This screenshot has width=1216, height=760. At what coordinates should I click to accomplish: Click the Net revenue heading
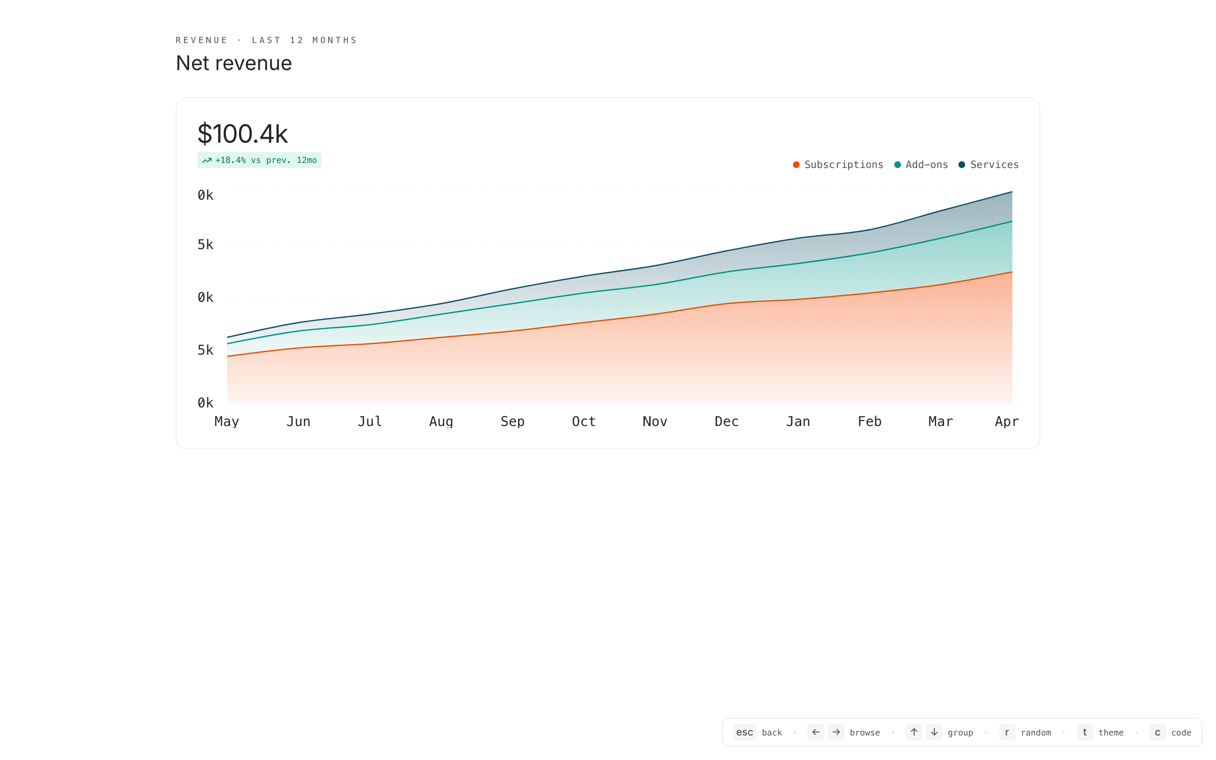[233, 63]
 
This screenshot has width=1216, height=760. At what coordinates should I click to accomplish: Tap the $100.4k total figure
[242, 134]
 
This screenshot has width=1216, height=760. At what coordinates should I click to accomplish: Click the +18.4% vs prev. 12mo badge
[259, 160]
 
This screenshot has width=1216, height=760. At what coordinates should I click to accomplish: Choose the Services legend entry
[988, 165]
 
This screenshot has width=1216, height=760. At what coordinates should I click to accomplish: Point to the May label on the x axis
[227, 422]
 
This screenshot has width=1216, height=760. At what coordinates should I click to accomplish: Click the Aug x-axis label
[441, 422]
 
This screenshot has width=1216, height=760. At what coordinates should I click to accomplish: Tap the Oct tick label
[584, 422]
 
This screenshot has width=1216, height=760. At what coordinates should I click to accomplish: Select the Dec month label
[727, 422]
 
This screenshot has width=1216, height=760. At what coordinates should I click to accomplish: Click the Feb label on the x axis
[869, 422]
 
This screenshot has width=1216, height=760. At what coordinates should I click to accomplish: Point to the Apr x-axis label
[1007, 422]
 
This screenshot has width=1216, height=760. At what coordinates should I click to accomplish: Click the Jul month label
[370, 422]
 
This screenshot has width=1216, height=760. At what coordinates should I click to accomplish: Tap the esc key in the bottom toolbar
[744, 733]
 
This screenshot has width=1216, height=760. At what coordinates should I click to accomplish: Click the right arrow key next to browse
[836, 733]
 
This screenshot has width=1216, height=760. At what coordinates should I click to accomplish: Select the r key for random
[1007, 733]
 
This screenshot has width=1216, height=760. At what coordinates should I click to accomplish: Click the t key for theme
[1085, 733]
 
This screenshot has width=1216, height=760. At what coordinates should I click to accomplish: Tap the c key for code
[1158, 733]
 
